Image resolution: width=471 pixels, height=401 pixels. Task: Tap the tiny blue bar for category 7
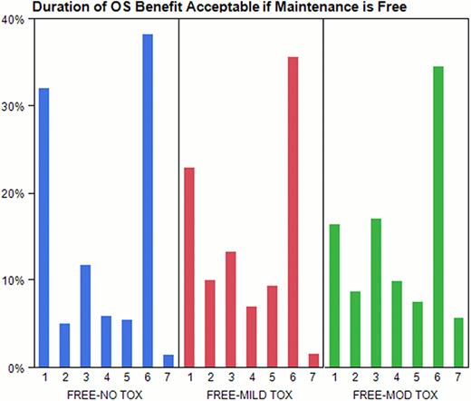click(x=168, y=362)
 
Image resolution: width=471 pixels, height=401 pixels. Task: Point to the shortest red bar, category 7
click(x=312, y=361)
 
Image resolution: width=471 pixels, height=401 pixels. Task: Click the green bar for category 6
click(x=437, y=217)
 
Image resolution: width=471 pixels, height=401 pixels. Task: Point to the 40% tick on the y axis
click(x=15, y=18)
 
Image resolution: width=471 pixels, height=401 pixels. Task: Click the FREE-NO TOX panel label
click(x=106, y=393)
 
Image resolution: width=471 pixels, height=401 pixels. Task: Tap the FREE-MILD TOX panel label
click(x=251, y=393)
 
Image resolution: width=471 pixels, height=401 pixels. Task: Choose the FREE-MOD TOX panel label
click(x=397, y=393)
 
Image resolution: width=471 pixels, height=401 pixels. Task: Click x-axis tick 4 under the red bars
click(x=251, y=377)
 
